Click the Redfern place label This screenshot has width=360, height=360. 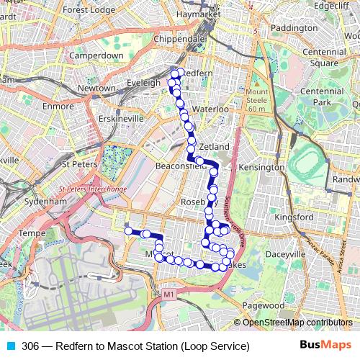(194, 74)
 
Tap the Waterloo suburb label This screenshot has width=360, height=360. (210, 109)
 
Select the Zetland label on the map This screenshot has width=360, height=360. (214, 147)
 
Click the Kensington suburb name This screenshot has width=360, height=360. (261, 167)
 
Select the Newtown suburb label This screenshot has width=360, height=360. (96, 89)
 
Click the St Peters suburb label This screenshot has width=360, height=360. (78, 164)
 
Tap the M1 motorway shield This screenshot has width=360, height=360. (169, 294)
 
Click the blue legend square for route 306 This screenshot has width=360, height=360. (9, 346)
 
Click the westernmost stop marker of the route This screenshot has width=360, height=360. (129, 231)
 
